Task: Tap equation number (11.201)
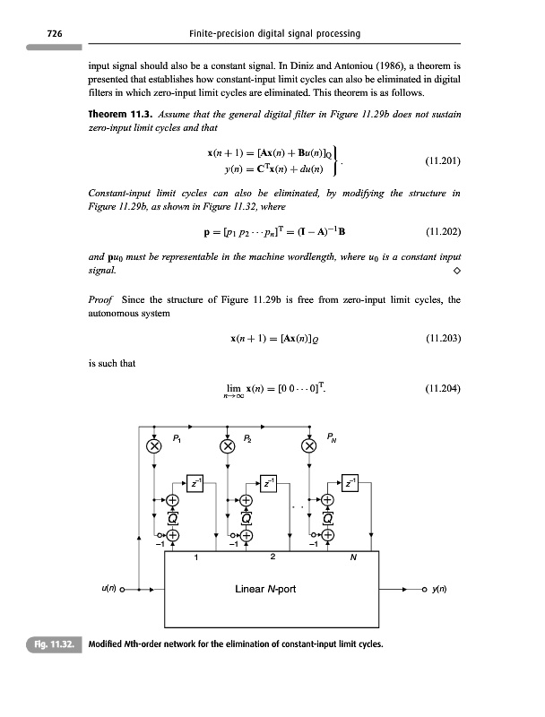[x=443, y=161]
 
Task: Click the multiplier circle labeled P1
[x=153, y=446]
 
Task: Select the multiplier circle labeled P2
[x=229, y=446]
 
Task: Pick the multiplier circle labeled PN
[x=309, y=446]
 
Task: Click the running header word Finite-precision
[x=221, y=34]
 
